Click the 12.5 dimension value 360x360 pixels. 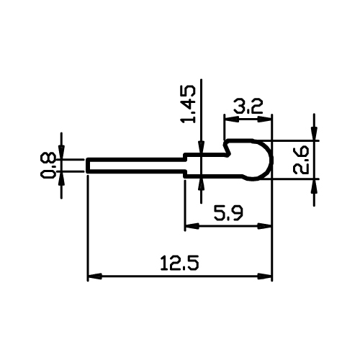(180, 263)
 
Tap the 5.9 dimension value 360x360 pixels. (228, 213)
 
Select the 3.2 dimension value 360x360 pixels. (248, 107)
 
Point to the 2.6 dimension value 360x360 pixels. (301, 160)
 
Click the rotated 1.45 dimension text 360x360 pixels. (189, 104)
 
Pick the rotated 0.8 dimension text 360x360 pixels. (48, 165)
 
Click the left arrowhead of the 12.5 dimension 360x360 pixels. (95, 276)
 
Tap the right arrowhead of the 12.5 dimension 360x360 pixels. (265, 276)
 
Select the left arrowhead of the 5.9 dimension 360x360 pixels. (192, 226)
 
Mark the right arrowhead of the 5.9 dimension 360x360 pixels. (265, 226)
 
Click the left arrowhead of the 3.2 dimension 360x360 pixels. (231, 120)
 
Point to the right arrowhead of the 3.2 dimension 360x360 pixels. (265, 120)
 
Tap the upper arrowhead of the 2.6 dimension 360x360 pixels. (314, 133)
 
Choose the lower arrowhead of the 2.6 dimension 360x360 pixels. (314, 186)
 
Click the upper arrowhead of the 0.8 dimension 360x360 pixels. (61, 152)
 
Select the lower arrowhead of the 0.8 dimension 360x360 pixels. (61, 178)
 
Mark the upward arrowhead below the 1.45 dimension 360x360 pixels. (201, 185)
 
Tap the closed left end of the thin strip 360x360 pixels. (88, 165)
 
